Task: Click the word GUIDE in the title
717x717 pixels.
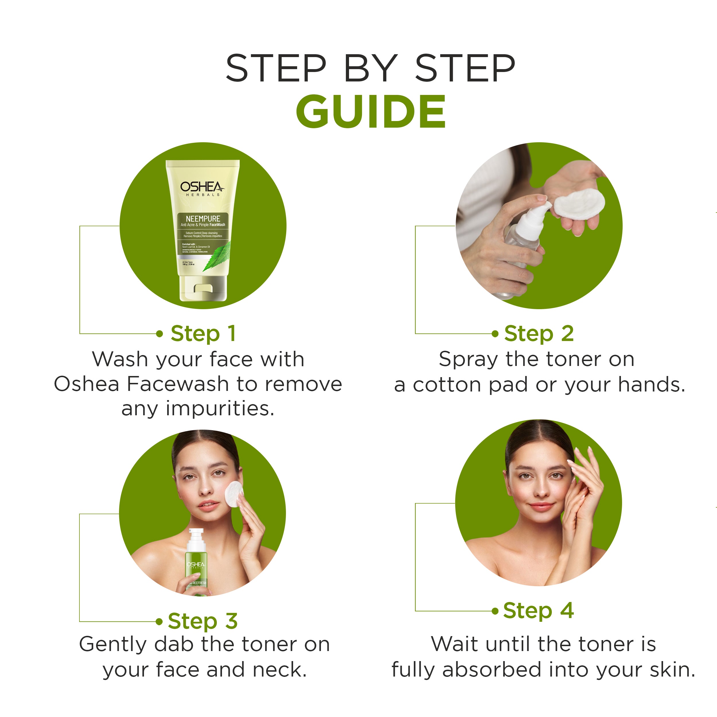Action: (370, 111)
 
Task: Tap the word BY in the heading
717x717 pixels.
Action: (370, 68)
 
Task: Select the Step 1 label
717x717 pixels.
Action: (203, 333)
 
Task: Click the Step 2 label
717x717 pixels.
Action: (539, 333)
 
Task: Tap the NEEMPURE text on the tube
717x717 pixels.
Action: (203, 219)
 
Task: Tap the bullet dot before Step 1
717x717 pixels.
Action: (159, 334)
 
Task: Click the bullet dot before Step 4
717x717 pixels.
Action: (495, 611)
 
